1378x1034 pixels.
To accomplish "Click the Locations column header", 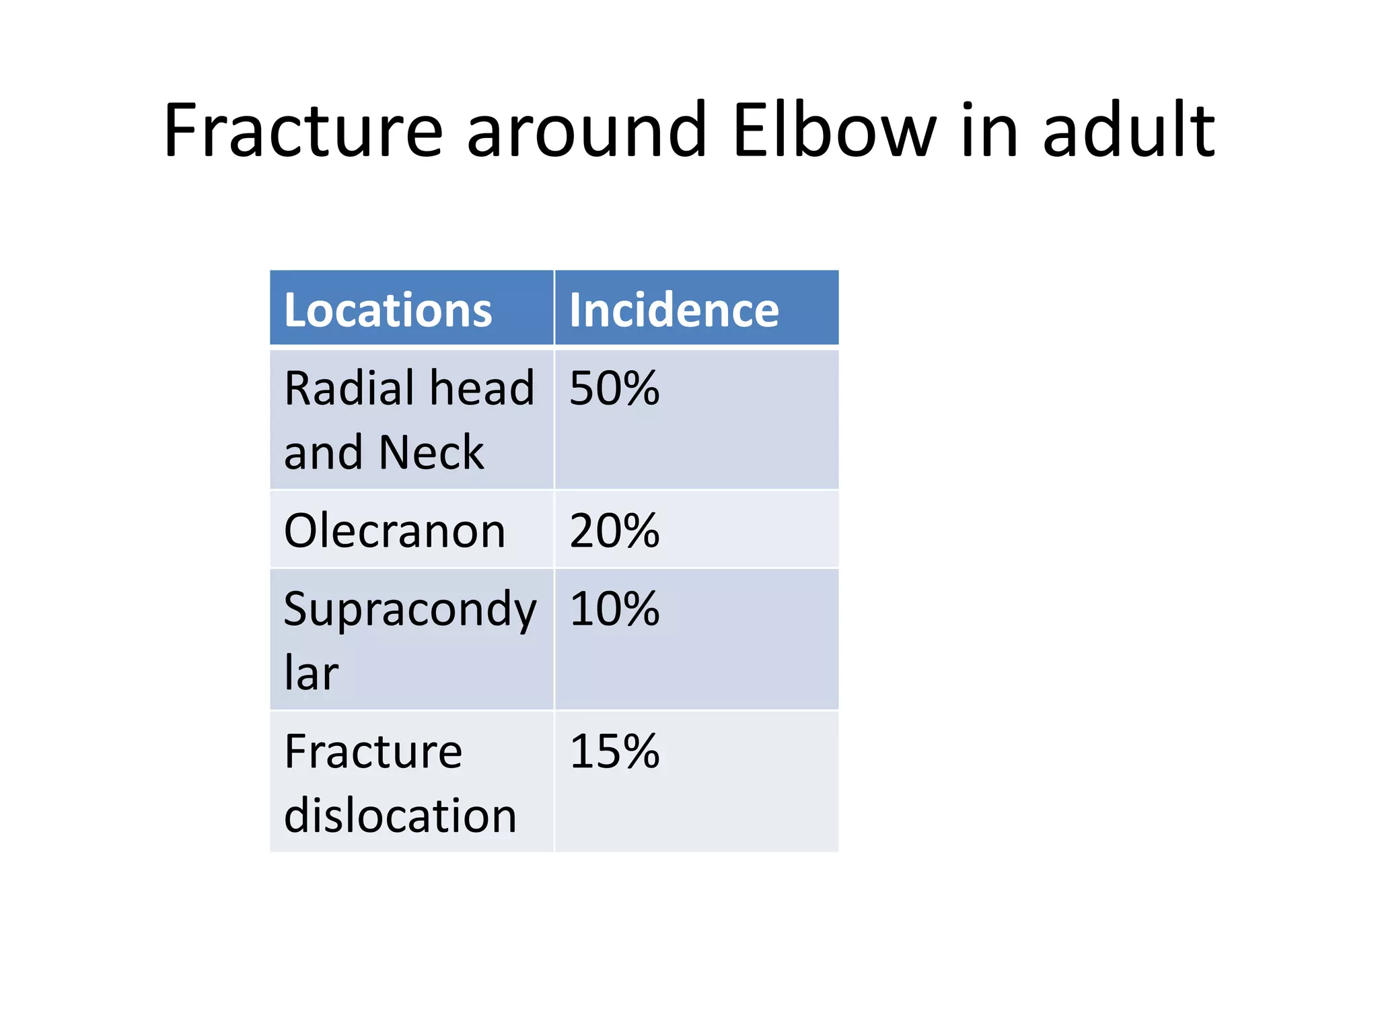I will click(x=388, y=310).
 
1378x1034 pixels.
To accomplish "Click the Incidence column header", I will click(x=674, y=310).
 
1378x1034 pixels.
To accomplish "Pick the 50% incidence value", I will click(x=614, y=388).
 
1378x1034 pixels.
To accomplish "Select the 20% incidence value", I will click(x=614, y=531).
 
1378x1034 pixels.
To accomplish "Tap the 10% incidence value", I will click(x=614, y=609).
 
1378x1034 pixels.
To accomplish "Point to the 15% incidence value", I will click(x=614, y=751).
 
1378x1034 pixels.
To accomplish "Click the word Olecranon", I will click(x=394, y=531).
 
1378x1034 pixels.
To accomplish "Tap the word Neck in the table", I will click(x=431, y=452).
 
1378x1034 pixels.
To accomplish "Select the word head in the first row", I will click(x=482, y=388).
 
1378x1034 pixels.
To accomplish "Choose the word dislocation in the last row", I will click(x=400, y=815).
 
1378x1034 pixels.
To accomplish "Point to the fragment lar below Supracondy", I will click(x=311, y=673).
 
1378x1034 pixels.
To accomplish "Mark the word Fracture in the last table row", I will click(x=373, y=751).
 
